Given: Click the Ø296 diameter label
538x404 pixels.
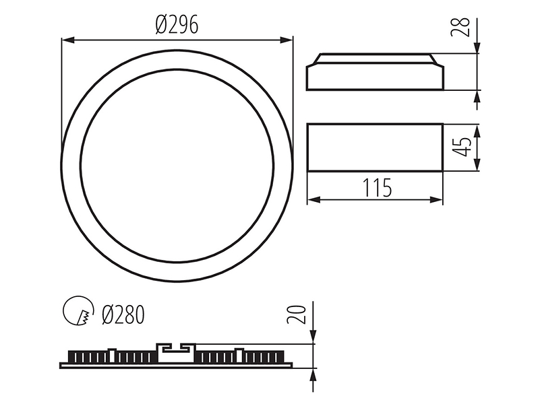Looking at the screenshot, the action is (x=177, y=25).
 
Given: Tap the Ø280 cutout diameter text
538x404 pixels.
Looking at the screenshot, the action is (x=123, y=314).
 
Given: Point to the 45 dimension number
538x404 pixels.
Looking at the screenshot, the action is (x=463, y=147).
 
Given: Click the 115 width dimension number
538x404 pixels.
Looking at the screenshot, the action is (x=377, y=188).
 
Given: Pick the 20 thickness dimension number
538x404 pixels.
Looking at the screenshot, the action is (x=296, y=314).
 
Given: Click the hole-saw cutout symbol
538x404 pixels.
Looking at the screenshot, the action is (x=78, y=311).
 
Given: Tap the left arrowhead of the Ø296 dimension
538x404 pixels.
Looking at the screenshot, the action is (x=68, y=40).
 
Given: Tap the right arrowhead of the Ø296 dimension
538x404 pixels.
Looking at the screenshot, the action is (x=287, y=40).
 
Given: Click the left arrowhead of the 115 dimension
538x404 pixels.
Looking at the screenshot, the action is (x=313, y=200).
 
